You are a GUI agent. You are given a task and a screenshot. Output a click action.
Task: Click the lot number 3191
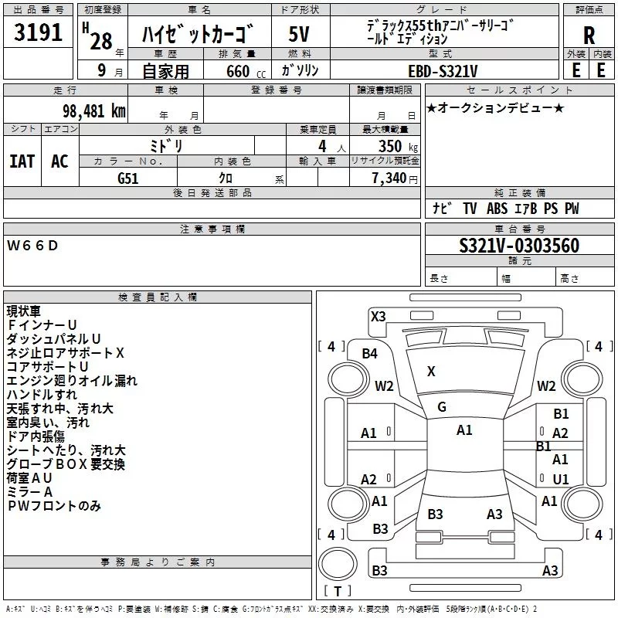click(x=39, y=34)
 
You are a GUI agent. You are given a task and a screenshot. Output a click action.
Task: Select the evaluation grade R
click(x=589, y=34)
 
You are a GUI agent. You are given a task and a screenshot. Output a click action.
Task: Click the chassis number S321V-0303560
click(x=519, y=246)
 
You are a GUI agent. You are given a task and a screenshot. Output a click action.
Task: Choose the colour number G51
click(x=128, y=178)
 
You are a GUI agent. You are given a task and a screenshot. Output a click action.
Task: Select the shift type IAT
click(x=22, y=161)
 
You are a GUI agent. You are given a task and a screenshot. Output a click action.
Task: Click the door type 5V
click(x=300, y=34)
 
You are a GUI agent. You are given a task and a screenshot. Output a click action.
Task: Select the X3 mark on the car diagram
click(x=378, y=316)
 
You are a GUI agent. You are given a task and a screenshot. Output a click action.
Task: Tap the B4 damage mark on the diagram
click(x=369, y=354)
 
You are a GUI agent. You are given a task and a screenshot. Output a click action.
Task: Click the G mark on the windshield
click(x=442, y=406)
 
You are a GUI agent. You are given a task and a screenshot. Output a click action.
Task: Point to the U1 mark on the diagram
click(x=561, y=479)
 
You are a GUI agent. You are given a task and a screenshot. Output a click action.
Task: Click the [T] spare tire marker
click(x=337, y=592)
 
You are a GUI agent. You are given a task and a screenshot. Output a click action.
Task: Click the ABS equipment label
click(x=497, y=209)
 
